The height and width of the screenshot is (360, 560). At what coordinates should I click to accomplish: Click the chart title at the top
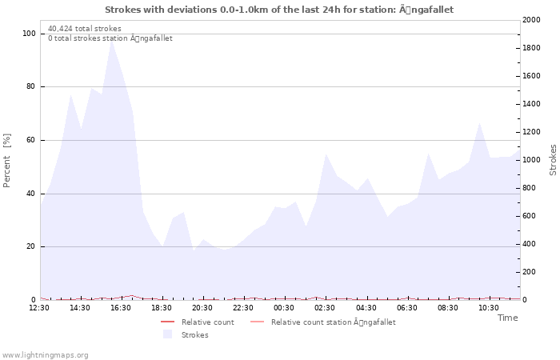[279, 10]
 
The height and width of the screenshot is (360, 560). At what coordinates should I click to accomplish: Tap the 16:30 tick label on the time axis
[121, 308]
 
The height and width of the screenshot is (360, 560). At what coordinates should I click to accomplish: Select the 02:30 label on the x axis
[325, 308]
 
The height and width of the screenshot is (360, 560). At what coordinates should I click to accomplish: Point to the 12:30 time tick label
[39, 308]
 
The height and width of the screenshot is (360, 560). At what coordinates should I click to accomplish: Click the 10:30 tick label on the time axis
[488, 308]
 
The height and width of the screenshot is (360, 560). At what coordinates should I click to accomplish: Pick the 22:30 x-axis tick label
[243, 308]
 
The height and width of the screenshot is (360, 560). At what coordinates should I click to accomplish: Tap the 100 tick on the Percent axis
[29, 34]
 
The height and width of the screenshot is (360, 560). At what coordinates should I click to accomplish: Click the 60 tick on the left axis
[31, 140]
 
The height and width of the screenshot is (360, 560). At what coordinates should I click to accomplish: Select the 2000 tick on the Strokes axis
[530, 20]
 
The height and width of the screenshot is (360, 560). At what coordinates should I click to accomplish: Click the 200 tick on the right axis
[528, 272]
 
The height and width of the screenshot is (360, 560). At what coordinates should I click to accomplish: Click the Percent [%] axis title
[7, 160]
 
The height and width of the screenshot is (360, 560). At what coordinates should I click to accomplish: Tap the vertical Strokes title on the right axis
[553, 160]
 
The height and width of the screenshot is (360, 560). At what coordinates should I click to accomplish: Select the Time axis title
[507, 318]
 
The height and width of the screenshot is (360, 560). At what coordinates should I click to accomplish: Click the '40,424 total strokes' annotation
[85, 29]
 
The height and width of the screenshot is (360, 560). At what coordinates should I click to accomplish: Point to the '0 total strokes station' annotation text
[110, 38]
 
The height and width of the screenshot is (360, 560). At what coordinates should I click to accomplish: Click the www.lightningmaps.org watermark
[45, 355]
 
